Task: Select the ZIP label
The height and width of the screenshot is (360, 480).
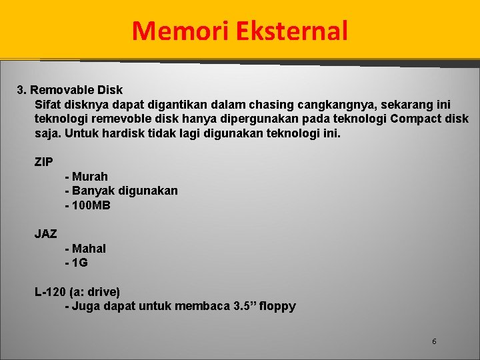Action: (x=44, y=162)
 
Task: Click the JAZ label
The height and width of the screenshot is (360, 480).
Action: (x=45, y=234)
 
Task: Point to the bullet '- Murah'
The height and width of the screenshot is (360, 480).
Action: (x=87, y=177)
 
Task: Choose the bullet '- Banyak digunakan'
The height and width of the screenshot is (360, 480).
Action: (x=121, y=191)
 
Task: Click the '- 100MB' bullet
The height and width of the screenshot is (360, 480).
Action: (x=87, y=205)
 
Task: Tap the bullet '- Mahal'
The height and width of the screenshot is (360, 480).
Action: (x=85, y=249)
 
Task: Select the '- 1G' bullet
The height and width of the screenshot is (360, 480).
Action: (x=77, y=263)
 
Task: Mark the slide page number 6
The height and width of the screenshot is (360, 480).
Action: (x=434, y=341)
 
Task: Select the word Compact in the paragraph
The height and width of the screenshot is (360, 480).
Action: (x=418, y=119)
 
